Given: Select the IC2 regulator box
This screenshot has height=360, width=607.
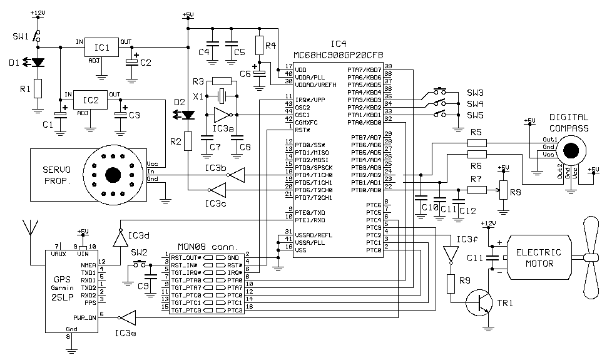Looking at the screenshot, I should point(91,100).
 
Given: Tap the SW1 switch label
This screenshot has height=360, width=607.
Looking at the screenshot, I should point(20,37).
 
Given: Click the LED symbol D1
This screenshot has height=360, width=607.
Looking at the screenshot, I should point(38,63).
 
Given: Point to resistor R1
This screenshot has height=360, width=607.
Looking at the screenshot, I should point(38,89).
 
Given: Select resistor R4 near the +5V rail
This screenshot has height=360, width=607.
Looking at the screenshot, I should point(259,46).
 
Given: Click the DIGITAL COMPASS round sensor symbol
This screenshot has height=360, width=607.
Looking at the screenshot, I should point(570,150).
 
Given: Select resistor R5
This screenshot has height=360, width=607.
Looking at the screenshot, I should point(477,143).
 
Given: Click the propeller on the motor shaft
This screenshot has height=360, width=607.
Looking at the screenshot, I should point(589,257).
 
